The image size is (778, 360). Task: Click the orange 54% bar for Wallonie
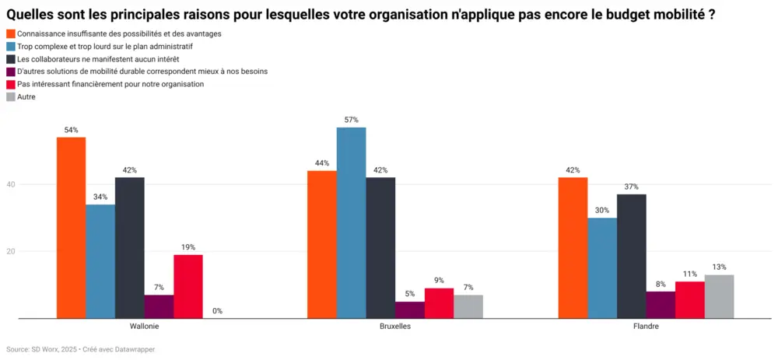pyautogui.click(x=71, y=228)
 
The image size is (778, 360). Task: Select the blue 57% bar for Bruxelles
pyautogui.click(x=351, y=223)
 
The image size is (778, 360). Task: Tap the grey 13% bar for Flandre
pyautogui.click(x=719, y=296)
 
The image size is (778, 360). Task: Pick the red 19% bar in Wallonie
pyautogui.click(x=187, y=286)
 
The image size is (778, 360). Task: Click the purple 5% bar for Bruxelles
pyautogui.click(x=410, y=309)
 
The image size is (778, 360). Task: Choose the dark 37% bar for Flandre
pyautogui.click(x=631, y=256)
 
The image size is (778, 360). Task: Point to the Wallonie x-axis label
pyautogui.click(x=144, y=327)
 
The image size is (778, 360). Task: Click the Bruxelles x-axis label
pyautogui.click(x=395, y=327)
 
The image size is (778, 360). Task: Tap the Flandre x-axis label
pyautogui.click(x=646, y=327)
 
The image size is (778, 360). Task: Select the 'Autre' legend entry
pyautogui.click(x=26, y=96)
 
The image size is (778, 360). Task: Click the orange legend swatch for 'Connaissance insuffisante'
pyautogui.click(x=10, y=34)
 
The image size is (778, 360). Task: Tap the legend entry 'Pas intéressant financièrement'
pyautogui.click(x=110, y=84)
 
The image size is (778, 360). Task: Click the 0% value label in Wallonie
pyautogui.click(x=217, y=311)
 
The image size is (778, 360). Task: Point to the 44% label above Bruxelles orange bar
pyautogui.click(x=321, y=163)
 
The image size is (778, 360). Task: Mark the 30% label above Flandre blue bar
pyautogui.click(x=602, y=210)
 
